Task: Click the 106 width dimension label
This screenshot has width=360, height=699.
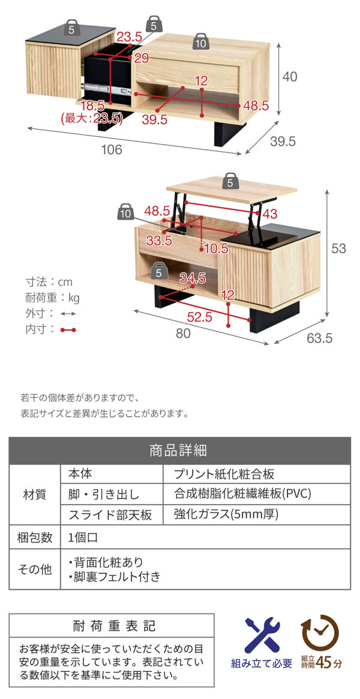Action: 112,150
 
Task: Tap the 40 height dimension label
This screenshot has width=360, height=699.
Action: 290,77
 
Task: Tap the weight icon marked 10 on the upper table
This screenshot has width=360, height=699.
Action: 200,42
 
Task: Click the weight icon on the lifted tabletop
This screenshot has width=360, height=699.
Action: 230,181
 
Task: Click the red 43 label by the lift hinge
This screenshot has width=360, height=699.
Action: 270,213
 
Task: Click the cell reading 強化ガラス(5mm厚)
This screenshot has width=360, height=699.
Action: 226,514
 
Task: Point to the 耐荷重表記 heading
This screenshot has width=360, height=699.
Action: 112,626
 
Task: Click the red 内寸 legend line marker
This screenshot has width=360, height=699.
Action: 68,329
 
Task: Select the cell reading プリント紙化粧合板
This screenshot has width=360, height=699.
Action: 224,474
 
